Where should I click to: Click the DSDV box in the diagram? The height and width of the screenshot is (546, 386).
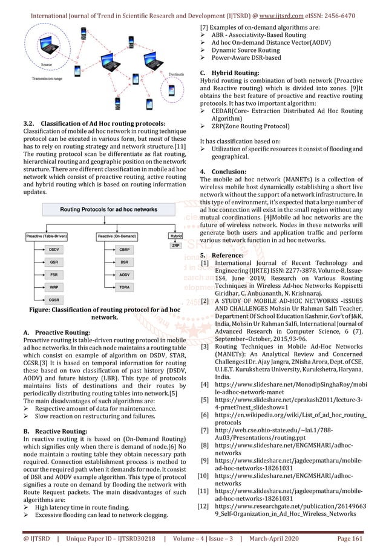click(x=54, y=249)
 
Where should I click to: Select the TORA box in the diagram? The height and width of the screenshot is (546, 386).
click(x=123, y=287)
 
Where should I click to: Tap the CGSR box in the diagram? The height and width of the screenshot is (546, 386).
click(x=54, y=299)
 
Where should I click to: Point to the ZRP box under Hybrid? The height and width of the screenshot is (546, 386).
click(x=176, y=245)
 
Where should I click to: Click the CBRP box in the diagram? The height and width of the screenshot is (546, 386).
click(x=123, y=249)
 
